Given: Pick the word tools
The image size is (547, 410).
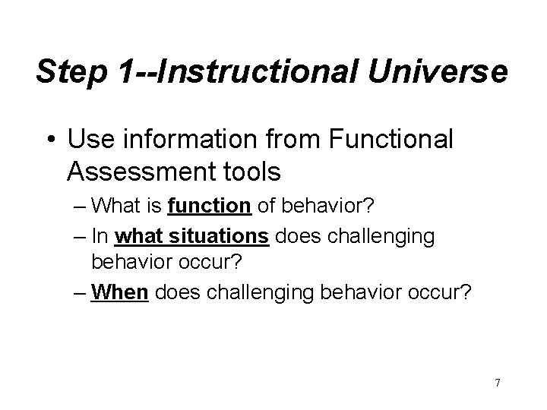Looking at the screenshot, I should pyautogui.click(x=248, y=172).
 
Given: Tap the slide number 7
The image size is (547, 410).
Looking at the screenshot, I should pyautogui.click(x=497, y=383).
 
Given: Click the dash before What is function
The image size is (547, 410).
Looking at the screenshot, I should pyautogui.click(x=81, y=207).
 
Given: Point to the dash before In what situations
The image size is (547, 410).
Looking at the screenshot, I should pyautogui.click(x=81, y=236).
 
